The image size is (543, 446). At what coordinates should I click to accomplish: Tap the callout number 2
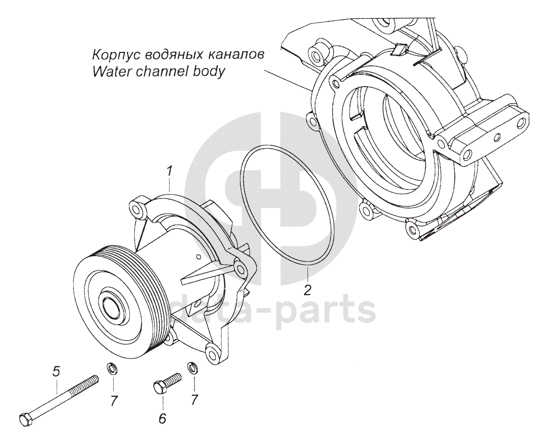coord(307,290)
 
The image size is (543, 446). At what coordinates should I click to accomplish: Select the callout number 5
coord(56,370)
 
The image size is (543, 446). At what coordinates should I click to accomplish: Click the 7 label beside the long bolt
coord(114,401)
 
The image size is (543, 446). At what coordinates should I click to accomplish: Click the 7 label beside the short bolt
coord(194,399)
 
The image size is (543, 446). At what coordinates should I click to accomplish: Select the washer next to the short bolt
coord(192,368)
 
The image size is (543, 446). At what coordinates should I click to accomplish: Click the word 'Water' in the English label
coord(108,72)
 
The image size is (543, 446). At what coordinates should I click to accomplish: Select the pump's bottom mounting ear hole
coord(212,353)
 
